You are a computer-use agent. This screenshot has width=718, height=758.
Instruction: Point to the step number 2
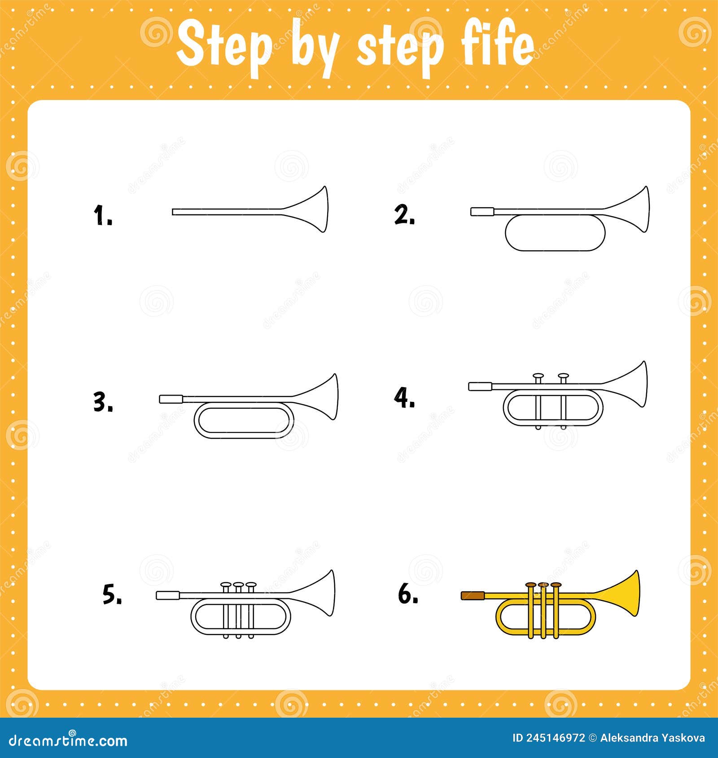(404, 215)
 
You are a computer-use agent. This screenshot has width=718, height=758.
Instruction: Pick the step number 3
(103, 402)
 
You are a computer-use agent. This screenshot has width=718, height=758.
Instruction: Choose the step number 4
(404, 398)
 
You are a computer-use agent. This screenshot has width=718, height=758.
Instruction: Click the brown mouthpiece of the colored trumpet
(473, 596)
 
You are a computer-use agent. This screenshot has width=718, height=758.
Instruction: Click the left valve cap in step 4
(538, 376)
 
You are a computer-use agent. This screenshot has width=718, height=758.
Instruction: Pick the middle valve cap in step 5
(238, 585)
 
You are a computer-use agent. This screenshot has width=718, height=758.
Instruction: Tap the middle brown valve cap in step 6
(543, 585)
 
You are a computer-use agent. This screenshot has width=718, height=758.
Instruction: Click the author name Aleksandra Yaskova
(652, 738)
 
